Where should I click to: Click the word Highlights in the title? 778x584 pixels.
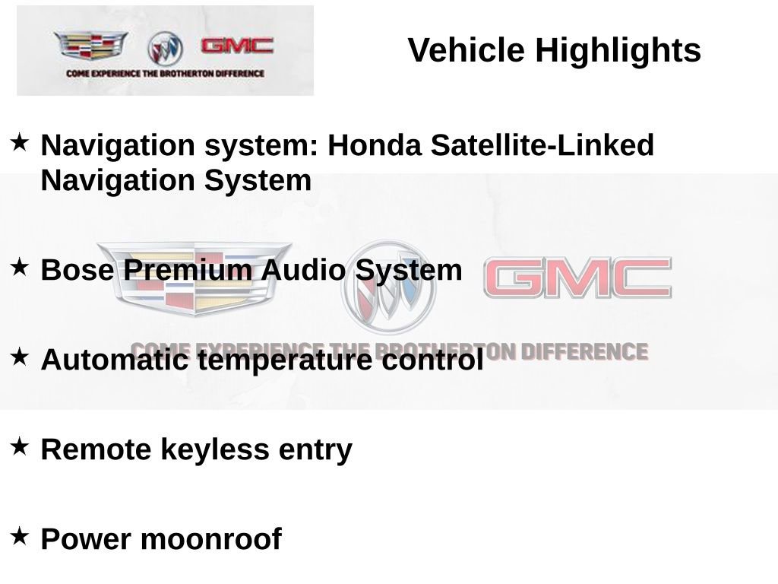click(618, 51)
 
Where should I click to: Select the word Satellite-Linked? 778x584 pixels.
click(542, 145)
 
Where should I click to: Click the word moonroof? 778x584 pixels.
click(211, 539)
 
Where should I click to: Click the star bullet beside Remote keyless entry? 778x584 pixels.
click(20, 446)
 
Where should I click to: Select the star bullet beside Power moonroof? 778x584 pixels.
click(20, 536)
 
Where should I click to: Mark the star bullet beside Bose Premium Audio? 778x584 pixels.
click(20, 267)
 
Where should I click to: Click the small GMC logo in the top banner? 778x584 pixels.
click(237, 46)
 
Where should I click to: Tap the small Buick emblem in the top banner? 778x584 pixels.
click(165, 48)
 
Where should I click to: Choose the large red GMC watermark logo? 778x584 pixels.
click(577, 278)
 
